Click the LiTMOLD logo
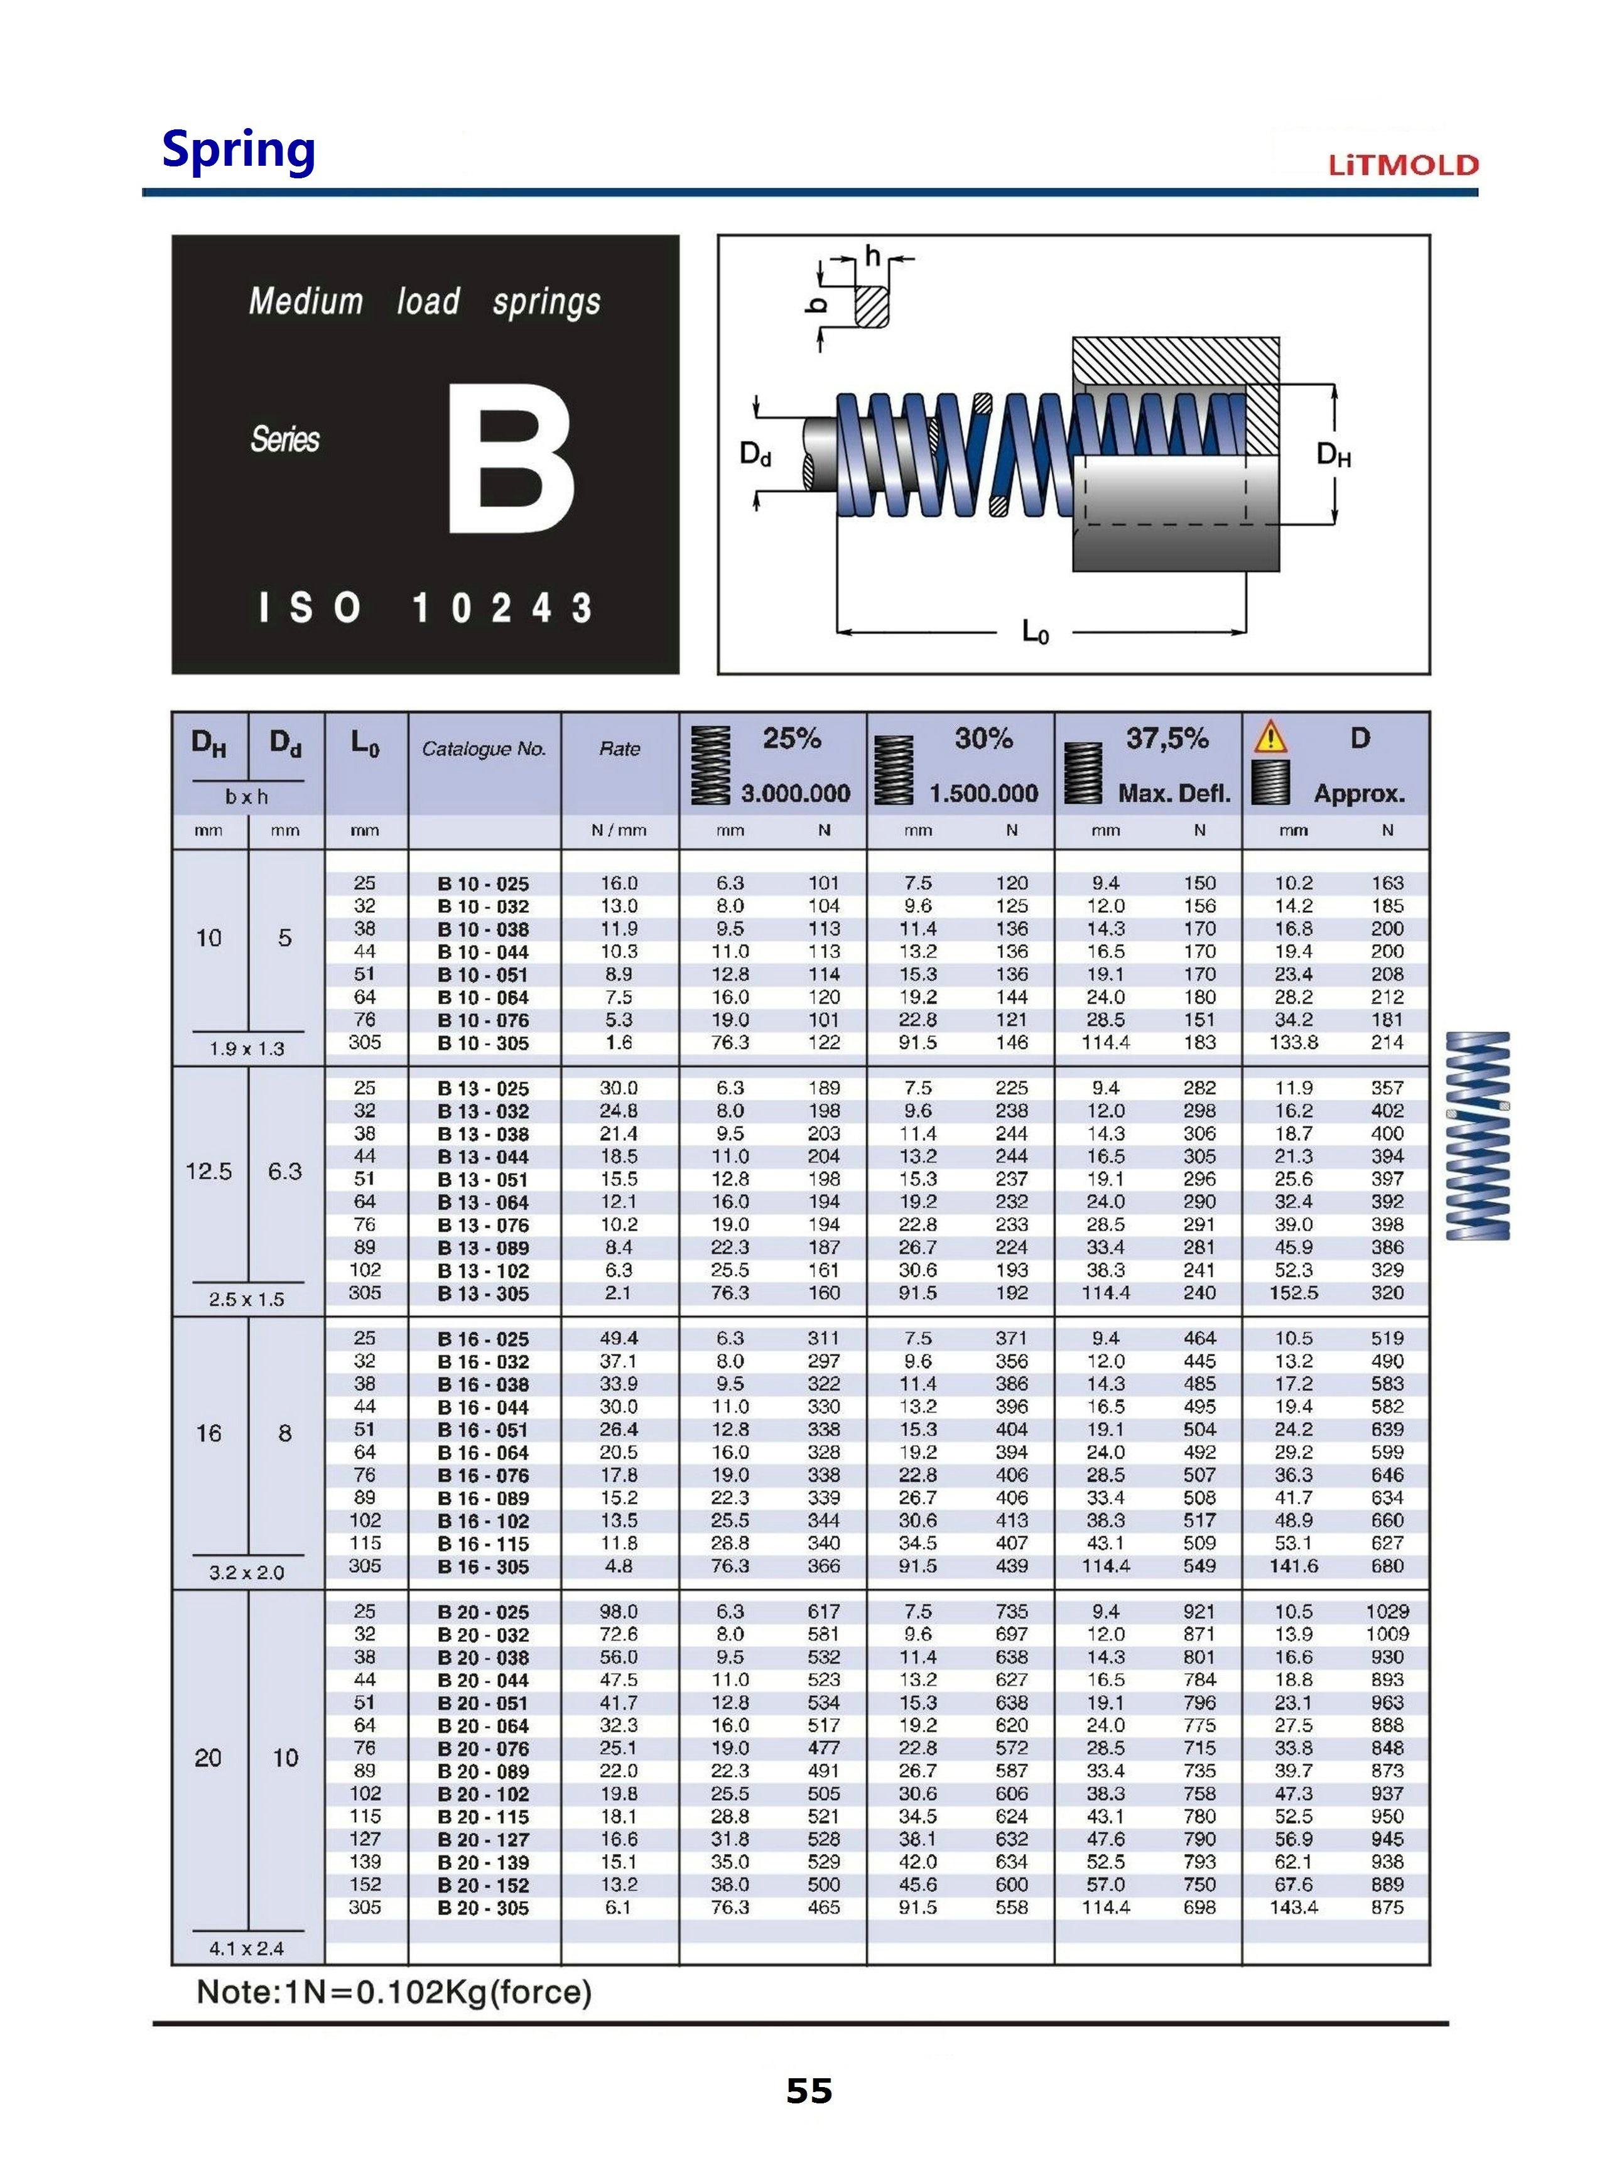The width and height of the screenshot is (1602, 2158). [1403, 164]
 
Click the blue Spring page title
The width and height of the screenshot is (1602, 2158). [239, 149]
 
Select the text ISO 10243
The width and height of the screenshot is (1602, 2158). [425, 608]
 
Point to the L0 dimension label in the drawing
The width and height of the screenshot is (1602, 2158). [1036, 633]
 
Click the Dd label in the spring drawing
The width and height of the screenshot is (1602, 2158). [755, 454]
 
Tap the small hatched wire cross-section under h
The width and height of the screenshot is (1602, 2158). [871, 306]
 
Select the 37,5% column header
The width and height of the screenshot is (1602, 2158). [1167, 739]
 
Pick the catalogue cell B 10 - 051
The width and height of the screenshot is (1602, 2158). [483, 975]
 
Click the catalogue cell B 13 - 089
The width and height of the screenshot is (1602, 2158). [483, 1248]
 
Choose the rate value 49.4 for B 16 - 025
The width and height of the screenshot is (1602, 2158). [619, 1338]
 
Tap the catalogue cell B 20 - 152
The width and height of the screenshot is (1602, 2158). [483, 1886]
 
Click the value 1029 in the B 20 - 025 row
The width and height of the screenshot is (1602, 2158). [1387, 1611]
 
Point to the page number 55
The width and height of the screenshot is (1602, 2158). [809, 2091]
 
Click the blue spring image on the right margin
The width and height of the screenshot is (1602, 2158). [1478, 1135]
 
